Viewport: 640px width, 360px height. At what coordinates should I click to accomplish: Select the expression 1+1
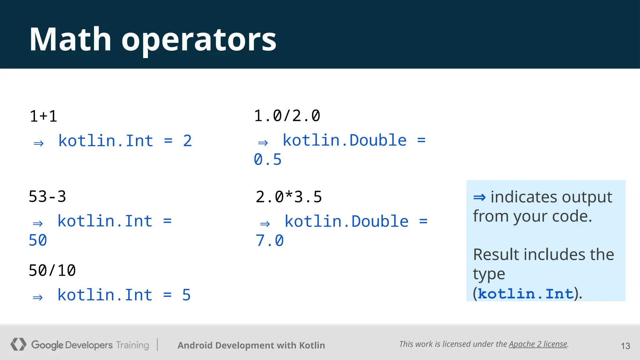tap(43, 116)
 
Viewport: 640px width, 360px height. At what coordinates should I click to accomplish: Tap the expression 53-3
tap(47, 197)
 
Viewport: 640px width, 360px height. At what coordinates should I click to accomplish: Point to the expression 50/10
tap(52, 271)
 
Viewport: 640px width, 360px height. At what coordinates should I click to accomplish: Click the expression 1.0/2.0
tap(287, 116)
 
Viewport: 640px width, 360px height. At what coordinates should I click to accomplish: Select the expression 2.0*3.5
tap(289, 197)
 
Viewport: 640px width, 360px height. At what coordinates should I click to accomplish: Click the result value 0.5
tap(267, 160)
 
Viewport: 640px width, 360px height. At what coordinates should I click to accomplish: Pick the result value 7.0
tap(269, 241)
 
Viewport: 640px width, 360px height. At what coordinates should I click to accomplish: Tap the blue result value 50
tap(38, 240)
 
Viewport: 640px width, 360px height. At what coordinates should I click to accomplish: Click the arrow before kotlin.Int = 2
tap(39, 143)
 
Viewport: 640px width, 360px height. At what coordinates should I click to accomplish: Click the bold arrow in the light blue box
tap(479, 197)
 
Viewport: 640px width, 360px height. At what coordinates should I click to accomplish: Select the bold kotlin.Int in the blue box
tap(526, 294)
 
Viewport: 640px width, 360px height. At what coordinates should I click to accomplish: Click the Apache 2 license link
tap(538, 344)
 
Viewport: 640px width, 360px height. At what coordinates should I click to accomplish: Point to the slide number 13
tap(625, 346)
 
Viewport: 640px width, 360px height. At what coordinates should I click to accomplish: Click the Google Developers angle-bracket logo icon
tap(18, 344)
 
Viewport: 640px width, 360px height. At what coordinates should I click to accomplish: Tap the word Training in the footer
tap(132, 345)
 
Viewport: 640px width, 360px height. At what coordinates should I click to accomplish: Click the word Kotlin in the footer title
tap(312, 345)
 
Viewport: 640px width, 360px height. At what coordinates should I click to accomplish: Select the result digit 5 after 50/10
tap(187, 295)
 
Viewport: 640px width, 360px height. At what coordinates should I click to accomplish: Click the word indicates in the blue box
tap(524, 197)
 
